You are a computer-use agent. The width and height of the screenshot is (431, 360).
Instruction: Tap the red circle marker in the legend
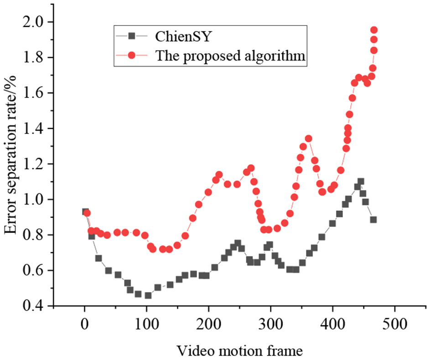(x=131, y=56)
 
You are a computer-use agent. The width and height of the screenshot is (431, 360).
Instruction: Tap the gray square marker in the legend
(x=131, y=35)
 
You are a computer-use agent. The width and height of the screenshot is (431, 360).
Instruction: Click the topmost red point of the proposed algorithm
(x=374, y=30)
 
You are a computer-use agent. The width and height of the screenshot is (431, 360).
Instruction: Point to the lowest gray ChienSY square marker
(x=148, y=295)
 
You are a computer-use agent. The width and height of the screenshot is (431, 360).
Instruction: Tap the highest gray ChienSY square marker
(x=361, y=181)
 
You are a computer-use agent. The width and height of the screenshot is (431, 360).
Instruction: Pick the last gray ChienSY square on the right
(x=374, y=220)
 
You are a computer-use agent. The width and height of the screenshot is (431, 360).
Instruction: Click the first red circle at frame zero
(x=87, y=213)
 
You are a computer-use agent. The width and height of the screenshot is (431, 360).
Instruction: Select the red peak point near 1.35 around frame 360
(x=308, y=139)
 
